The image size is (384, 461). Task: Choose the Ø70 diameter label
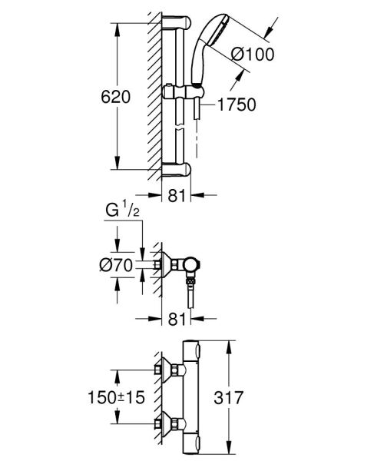(x=117, y=267)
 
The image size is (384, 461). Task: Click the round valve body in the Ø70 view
(x=190, y=265)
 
